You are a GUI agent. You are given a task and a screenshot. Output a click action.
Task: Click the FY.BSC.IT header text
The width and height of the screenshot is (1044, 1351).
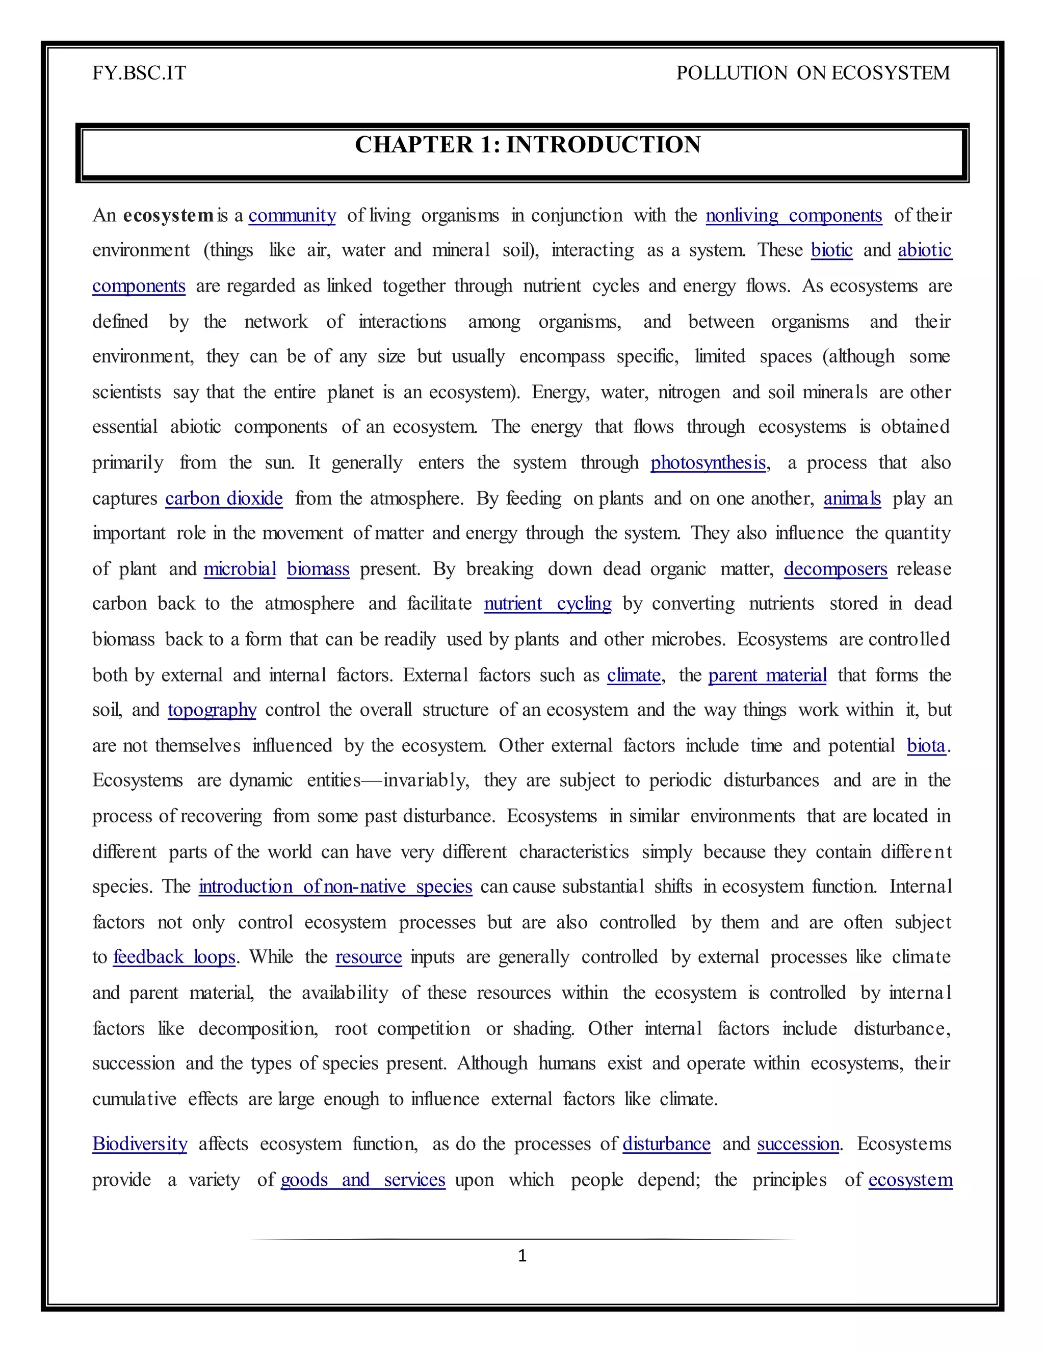click(139, 73)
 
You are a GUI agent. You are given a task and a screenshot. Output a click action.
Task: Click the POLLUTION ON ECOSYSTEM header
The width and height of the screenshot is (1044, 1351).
click(813, 73)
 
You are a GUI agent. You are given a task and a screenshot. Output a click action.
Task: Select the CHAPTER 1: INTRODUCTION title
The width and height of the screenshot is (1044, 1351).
click(528, 145)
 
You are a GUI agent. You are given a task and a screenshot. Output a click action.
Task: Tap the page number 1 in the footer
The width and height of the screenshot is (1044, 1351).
click(522, 1255)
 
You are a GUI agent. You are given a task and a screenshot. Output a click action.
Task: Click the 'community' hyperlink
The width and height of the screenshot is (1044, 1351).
click(292, 215)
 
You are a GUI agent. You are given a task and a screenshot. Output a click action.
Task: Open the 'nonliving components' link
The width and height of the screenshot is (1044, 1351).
click(794, 215)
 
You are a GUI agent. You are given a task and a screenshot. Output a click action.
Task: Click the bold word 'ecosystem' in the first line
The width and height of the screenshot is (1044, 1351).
click(168, 215)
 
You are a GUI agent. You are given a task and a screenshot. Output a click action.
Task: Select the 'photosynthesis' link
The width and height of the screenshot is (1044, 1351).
click(708, 463)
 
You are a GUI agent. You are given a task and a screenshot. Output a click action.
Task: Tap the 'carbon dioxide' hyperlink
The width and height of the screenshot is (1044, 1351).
click(224, 499)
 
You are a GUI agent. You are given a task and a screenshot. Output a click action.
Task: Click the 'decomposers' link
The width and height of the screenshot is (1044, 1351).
click(835, 569)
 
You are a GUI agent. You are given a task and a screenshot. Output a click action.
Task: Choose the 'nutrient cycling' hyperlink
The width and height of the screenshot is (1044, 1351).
click(547, 604)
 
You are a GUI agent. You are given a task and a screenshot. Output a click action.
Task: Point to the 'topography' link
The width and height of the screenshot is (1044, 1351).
click(212, 710)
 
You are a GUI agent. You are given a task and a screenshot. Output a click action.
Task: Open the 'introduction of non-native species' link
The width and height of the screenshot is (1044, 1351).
click(335, 887)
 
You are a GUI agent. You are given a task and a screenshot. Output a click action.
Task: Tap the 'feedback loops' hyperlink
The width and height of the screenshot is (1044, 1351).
click(174, 957)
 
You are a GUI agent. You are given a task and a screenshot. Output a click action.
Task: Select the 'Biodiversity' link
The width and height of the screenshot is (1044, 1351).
click(140, 1144)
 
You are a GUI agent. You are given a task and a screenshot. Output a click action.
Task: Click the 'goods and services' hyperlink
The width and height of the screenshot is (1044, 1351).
click(362, 1180)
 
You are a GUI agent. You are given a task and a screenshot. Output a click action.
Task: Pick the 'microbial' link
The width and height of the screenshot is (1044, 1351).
click(240, 569)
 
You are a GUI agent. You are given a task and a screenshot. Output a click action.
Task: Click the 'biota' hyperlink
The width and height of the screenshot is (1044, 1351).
click(926, 745)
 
